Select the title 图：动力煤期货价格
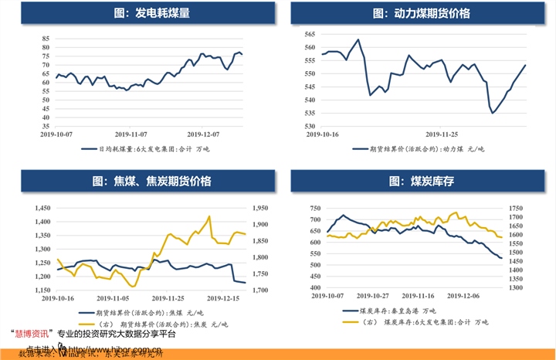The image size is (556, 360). point(421,14)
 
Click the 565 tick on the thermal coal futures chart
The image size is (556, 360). point(309,35)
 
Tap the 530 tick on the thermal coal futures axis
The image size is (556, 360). point(309,126)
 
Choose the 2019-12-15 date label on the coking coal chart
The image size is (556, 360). point(225,297)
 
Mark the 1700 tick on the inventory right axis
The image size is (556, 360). point(515,209)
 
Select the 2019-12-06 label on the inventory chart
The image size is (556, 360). point(460,295)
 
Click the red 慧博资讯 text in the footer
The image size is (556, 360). point(32,334)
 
